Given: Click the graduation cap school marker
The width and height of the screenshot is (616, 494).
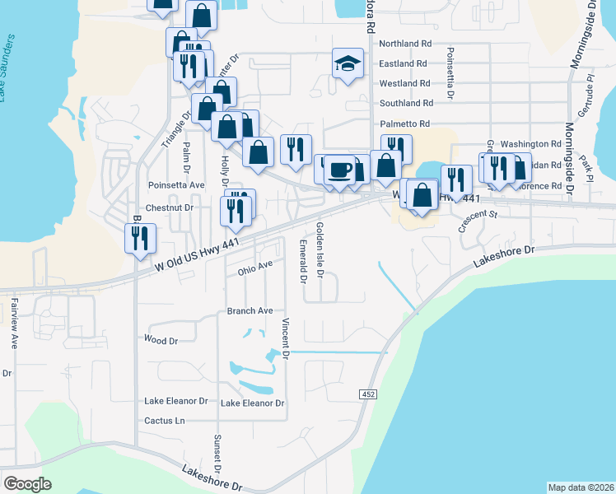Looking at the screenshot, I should point(348,63).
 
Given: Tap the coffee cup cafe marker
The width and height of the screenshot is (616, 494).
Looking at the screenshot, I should point(339,170).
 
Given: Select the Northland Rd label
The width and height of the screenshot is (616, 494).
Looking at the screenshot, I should point(405,44).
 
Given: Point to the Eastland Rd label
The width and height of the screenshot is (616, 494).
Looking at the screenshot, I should point(403,63).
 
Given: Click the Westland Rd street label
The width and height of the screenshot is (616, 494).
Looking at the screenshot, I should point(404,83).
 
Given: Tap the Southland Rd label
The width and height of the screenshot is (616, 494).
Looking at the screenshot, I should point(406,104).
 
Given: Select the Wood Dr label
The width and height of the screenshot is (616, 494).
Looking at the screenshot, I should point(161,340).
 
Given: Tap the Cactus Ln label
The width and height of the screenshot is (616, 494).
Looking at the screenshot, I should point(165,421).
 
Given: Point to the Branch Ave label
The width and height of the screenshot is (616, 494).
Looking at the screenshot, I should point(250,311).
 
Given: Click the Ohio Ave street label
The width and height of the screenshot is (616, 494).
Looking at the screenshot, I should point(254,268).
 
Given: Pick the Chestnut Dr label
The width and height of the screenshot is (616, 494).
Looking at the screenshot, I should point(170,207).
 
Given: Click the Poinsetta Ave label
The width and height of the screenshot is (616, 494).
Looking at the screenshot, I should point(175,185).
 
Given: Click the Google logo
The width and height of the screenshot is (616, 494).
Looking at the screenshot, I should point(27,483).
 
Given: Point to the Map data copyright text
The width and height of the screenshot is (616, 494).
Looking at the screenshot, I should point(581,487).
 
